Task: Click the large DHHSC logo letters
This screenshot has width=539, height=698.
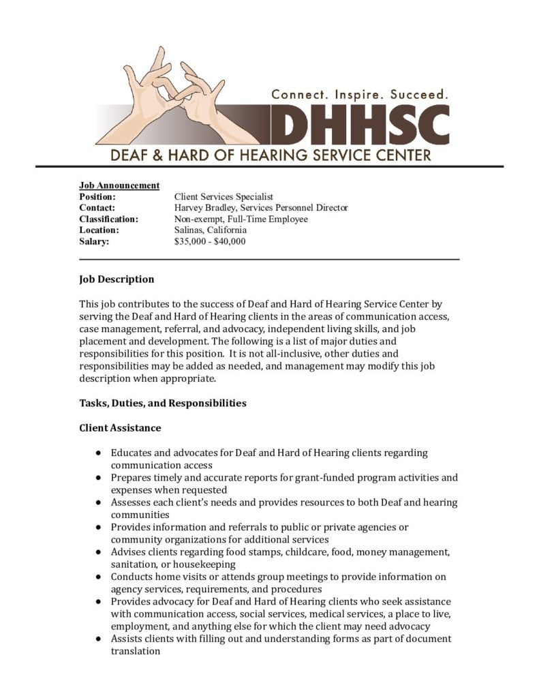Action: (x=360, y=124)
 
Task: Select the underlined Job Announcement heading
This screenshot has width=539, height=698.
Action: (x=119, y=185)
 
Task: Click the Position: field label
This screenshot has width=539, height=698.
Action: (x=97, y=196)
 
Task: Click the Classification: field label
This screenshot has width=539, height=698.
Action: (x=109, y=219)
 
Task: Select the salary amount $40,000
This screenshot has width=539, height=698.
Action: (x=230, y=241)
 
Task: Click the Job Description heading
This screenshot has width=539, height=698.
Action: (x=117, y=279)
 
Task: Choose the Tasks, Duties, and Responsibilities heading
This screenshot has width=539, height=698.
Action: (x=163, y=403)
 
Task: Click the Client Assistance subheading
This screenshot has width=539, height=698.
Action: (x=121, y=428)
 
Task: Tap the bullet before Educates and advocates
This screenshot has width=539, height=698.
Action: (x=99, y=453)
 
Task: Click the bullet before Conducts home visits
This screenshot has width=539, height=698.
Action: (x=99, y=577)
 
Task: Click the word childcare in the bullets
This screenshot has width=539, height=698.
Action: (x=303, y=552)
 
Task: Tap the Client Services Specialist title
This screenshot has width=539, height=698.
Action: (x=224, y=196)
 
